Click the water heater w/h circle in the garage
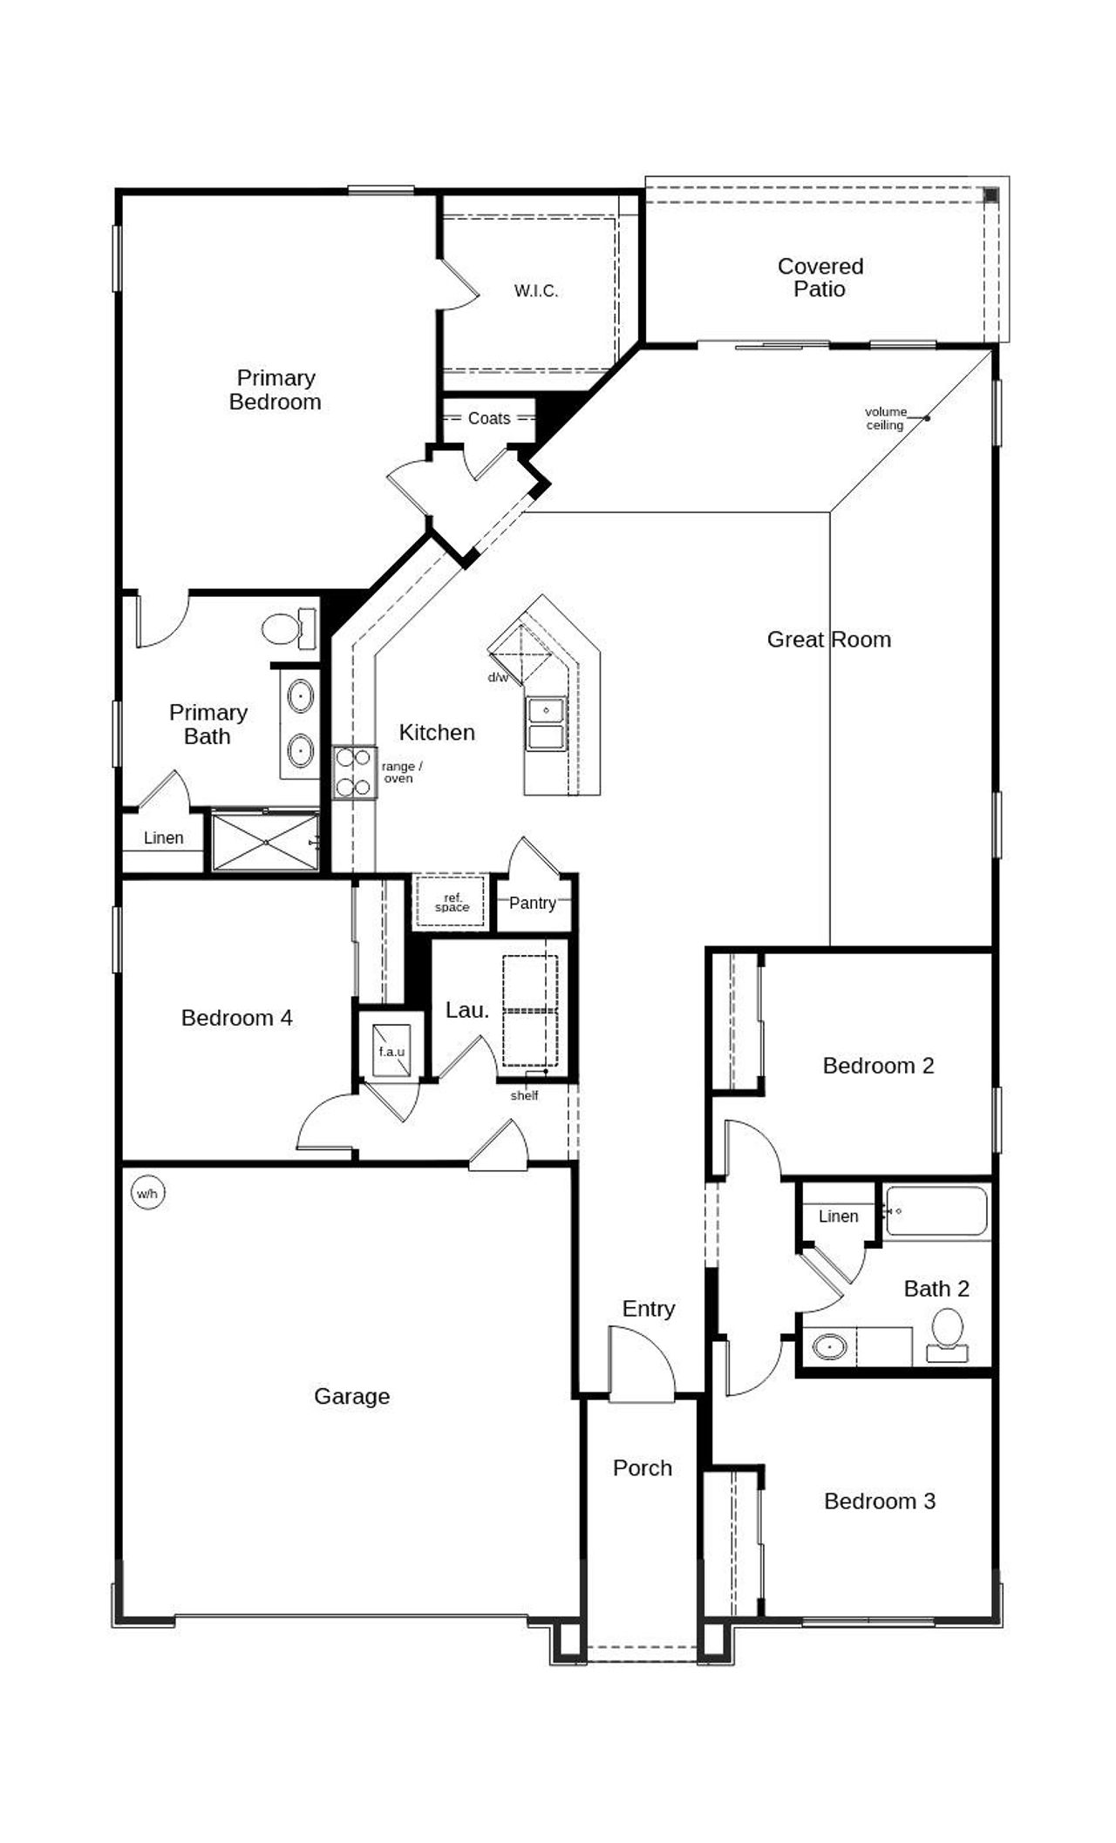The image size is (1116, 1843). (147, 1193)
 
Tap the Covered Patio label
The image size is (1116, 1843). (820, 277)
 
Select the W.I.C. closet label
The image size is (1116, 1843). (535, 291)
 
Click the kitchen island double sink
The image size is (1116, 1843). (546, 723)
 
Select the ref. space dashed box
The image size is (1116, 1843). (452, 902)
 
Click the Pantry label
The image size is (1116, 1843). (532, 903)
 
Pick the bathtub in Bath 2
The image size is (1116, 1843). (936, 1210)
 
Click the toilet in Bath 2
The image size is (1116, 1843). (947, 1334)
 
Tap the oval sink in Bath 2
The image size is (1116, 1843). (829, 1346)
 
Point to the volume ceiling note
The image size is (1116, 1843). (886, 418)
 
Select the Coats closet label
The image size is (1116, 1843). (489, 418)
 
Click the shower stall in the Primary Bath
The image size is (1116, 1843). (265, 842)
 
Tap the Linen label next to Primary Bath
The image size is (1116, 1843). (163, 838)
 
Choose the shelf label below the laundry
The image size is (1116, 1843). (524, 1095)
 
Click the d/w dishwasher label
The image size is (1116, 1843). (498, 677)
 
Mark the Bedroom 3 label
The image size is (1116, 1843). (879, 1501)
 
